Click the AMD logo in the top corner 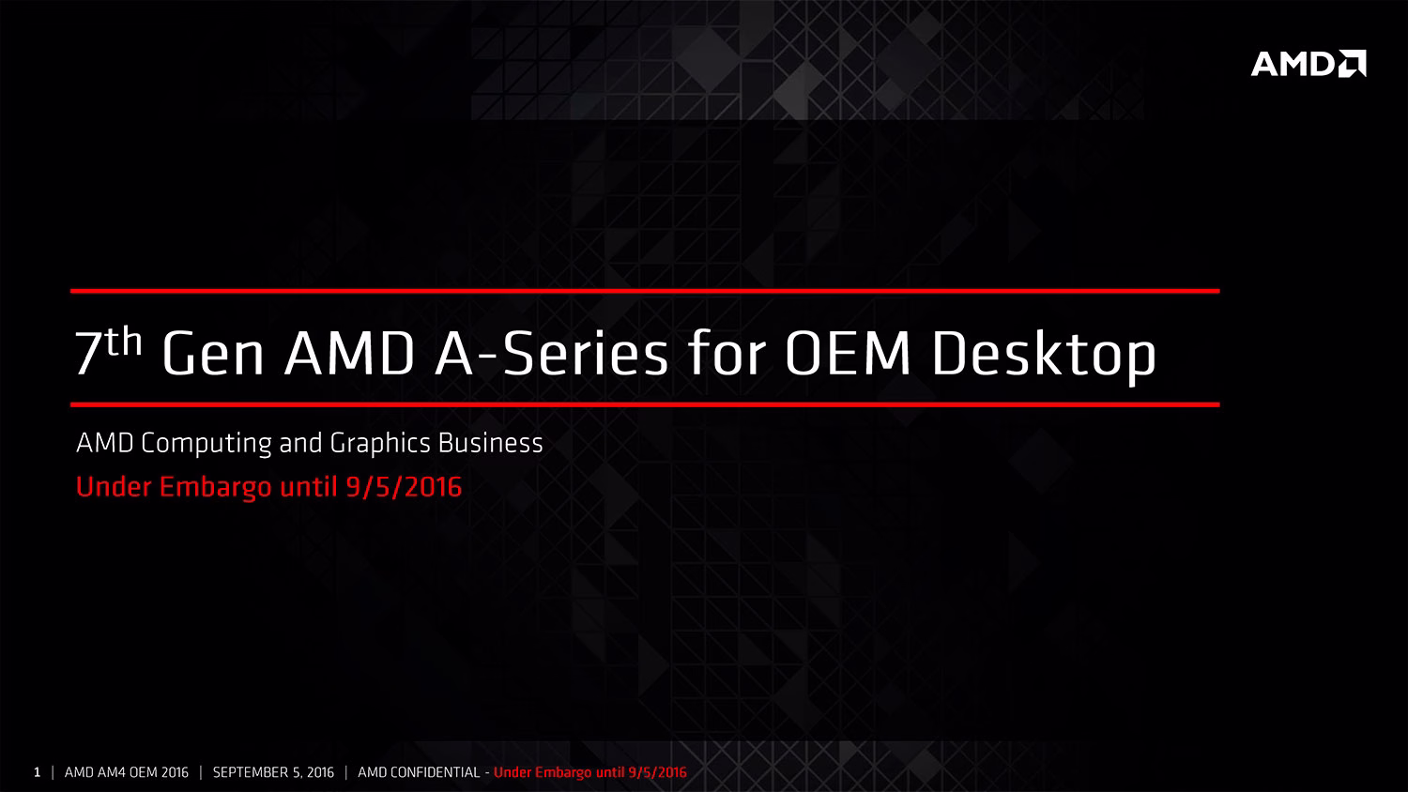pyautogui.click(x=1309, y=64)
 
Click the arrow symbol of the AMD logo pyautogui.click(x=1352, y=64)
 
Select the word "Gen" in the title pyautogui.click(x=212, y=353)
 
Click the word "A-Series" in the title pyautogui.click(x=551, y=353)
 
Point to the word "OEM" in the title pyautogui.click(x=848, y=353)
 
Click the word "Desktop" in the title pyautogui.click(x=1044, y=356)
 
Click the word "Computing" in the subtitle pyautogui.click(x=207, y=444)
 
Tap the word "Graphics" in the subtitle pyautogui.click(x=380, y=444)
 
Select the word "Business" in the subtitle pyautogui.click(x=490, y=443)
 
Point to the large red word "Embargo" pyautogui.click(x=216, y=488)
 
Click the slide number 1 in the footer pyautogui.click(x=38, y=772)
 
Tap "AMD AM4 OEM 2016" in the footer pyautogui.click(x=127, y=772)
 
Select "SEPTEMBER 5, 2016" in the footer pyautogui.click(x=273, y=772)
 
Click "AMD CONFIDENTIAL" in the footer pyautogui.click(x=419, y=772)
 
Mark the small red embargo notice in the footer pyautogui.click(x=590, y=772)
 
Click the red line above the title pyautogui.click(x=645, y=291)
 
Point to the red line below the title pyautogui.click(x=645, y=404)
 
